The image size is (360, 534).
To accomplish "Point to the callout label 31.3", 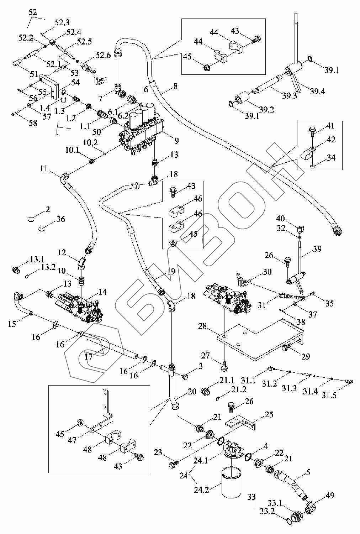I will coord(290,388).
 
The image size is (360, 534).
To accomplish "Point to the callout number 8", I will coord(175,86).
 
